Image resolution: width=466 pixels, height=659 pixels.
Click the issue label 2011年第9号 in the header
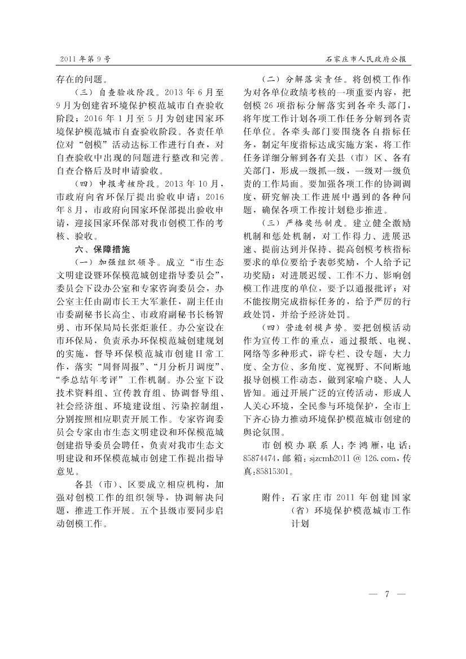(85, 58)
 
